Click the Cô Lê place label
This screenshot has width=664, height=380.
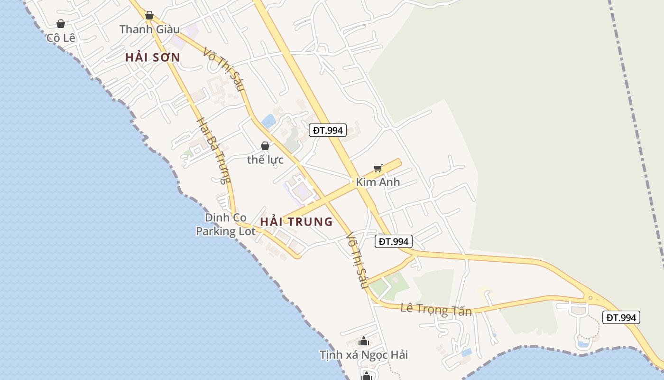[61, 38]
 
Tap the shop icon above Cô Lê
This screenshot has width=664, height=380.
[61, 24]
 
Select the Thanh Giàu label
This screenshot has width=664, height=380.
[149, 29]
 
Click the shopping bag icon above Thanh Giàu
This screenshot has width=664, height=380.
[149, 15]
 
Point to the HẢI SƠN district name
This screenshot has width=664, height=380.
[153, 57]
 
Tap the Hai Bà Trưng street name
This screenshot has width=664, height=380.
[213, 151]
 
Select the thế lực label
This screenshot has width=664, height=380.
[265, 160]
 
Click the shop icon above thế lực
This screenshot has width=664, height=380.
[265, 146]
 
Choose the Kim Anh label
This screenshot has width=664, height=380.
[378, 182]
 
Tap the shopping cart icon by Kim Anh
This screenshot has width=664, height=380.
[378, 168]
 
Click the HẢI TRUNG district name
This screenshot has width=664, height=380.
[296, 222]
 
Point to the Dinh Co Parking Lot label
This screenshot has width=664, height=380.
[226, 225]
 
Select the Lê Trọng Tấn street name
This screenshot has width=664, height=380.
[436, 309]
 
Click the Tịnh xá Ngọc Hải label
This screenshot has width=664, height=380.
[364, 355]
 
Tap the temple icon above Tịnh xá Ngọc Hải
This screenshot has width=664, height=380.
[364, 341]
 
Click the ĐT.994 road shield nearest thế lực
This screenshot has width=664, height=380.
[327, 130]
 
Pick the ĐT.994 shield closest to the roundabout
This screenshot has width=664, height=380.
[621, 317]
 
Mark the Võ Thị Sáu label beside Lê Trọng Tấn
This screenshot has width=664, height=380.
[357, 260]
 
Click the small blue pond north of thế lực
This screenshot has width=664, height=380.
[268, 121]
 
